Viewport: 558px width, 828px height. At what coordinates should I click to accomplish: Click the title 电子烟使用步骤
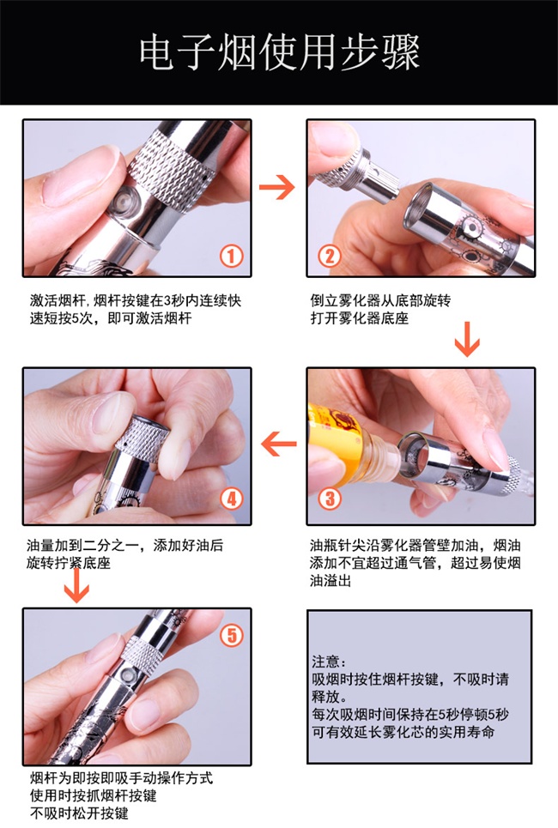(280, 52)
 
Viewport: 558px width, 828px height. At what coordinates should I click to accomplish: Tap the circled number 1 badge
(232, 257)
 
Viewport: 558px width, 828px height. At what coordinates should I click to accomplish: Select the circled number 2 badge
(329, 257)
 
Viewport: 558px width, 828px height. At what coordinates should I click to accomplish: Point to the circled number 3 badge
(330, 499)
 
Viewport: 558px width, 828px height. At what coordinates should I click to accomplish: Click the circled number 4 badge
(232, 499)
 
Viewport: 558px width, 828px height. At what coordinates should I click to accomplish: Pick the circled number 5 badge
(232, 635)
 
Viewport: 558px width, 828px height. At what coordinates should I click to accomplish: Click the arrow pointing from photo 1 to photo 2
(276, 187)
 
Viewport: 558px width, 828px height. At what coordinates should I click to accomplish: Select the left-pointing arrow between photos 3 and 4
(278, 444)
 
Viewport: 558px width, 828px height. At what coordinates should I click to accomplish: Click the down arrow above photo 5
(76, 585)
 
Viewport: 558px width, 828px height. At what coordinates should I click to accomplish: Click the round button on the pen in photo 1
(124, 202)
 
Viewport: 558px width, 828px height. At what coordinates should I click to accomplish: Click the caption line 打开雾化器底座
(360, 318)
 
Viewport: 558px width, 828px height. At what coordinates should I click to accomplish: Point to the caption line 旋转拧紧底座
(69, 563)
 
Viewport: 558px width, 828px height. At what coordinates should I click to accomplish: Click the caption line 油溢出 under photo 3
(331, 580)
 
